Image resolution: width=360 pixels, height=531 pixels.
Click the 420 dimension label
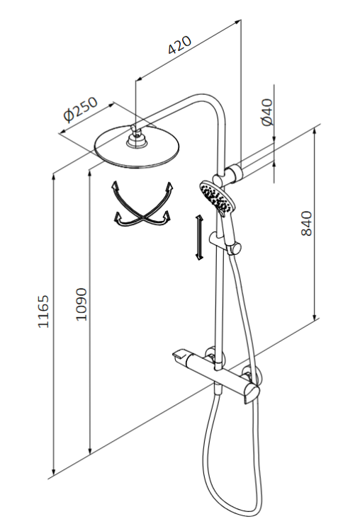[181, 47]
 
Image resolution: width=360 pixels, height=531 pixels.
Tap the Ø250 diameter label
[79, 110]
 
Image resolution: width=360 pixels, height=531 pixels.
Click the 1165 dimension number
[44, 312]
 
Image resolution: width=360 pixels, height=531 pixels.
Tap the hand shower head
[215, 197]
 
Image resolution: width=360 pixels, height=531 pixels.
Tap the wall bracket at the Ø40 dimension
[233, 171]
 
